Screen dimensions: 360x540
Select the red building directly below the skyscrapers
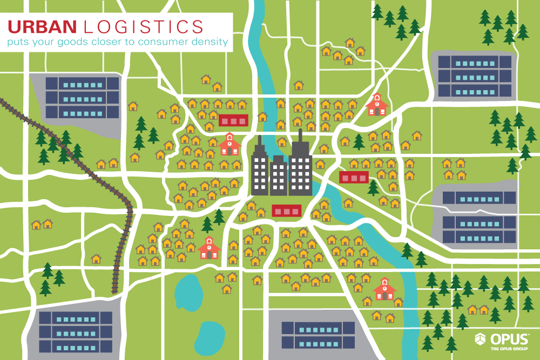(x=286, y=210)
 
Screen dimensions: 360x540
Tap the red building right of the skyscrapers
(x=354, y=177)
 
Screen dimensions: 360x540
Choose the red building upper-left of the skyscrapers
(x=233, y=120)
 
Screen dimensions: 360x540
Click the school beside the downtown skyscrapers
(x=230, y=144)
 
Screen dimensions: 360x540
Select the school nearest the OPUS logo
(x=384, y=289)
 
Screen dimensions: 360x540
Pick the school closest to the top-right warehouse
(x=376, y=105)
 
